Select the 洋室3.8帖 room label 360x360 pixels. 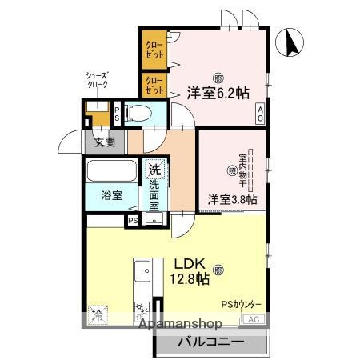tap(233, 198)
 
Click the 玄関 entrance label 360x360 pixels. tap(104, 143)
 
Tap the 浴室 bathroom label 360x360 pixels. tap(111, 196)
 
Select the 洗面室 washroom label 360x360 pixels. tap(154, 195)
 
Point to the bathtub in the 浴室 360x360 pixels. tap(113, 172)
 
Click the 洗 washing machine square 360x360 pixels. tap(154, 170)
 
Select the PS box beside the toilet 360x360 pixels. tap(118, 113)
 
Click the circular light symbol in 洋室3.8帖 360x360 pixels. tap(232, 170)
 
